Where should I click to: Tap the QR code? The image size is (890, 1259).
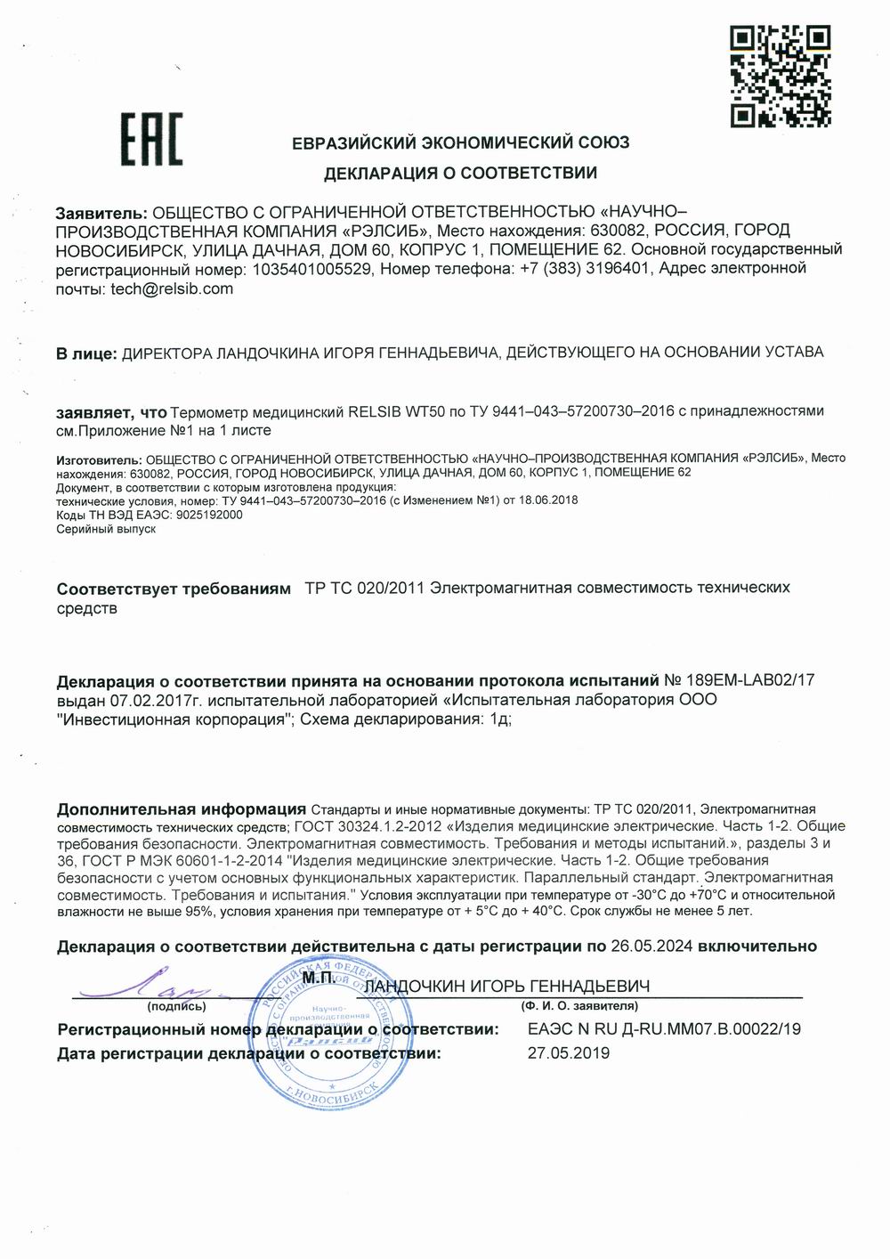[780, 76]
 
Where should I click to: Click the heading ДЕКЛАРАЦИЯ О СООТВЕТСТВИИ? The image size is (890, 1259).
[460, 173]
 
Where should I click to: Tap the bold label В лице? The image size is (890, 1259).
[85, 353]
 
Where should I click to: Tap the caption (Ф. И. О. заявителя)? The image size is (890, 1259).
[578, 1006]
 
